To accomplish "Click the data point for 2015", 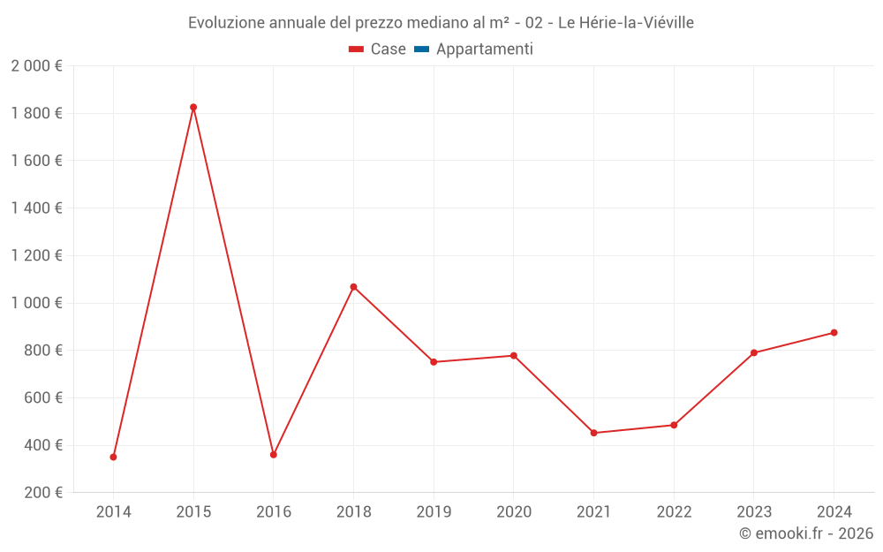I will click(x=193, y=107).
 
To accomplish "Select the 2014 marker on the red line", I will click(x=113, y=457).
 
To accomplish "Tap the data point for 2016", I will click(x=274, y=455).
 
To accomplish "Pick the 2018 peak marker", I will click(x=353, y=287).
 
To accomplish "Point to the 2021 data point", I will click(x=593, y=433).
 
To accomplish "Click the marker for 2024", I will click(x=834, y=333).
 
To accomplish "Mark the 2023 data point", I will click(x=754, y=352).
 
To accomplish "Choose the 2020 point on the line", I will click(x=514, y=356).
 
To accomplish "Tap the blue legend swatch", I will click(x=421, y=49).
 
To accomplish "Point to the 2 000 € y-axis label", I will click(x=37, y=65).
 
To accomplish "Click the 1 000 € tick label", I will click(x=37, y=303).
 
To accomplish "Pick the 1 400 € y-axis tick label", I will click(x=37, y=208).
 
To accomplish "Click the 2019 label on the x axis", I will click(x=434, y=512).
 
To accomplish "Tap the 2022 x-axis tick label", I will click(x=674, y=512).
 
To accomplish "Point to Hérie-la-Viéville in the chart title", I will click(x=638, y=23).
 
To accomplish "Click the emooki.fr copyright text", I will click(x=806, y=533).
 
